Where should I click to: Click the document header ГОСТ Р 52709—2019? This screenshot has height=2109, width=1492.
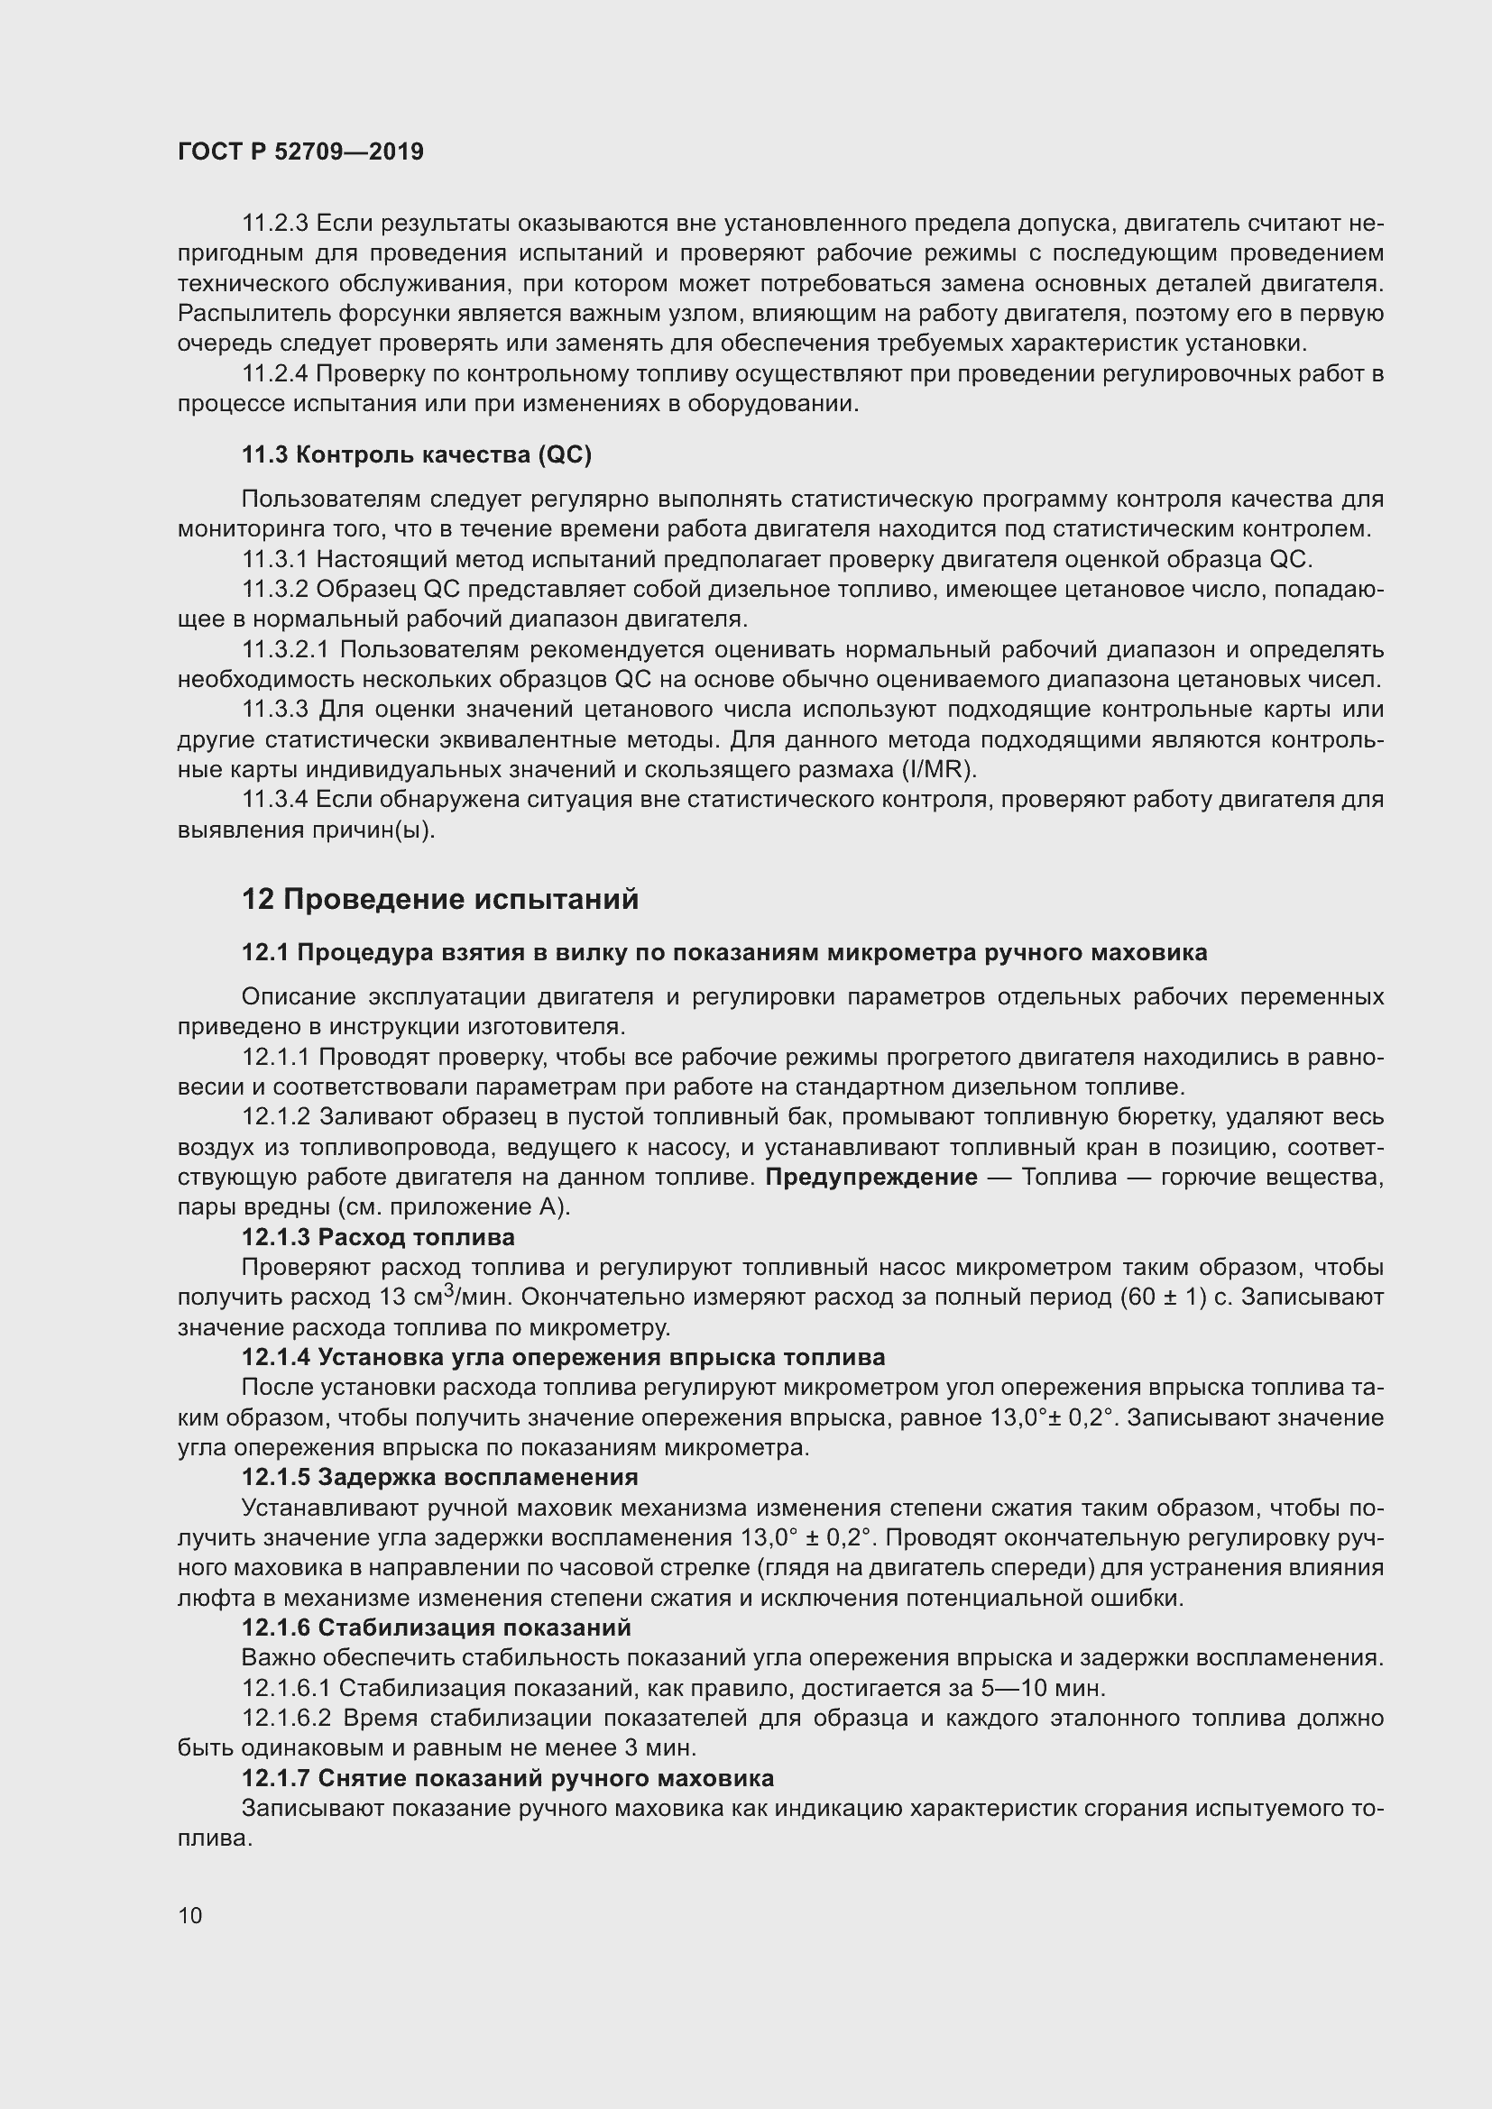[x=300, y=152]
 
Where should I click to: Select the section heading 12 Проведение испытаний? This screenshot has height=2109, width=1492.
[x=440, y=899]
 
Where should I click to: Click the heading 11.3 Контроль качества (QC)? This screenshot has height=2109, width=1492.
[x=416, y=454]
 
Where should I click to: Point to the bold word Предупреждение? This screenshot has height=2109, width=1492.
[x=871, y=1178]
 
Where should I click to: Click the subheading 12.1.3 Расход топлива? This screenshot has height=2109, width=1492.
[x=378, y=1236]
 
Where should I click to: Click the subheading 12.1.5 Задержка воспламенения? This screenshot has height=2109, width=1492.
[x=439, y=1477]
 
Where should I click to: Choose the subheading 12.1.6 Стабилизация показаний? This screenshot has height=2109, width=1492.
[x=437, y=1628]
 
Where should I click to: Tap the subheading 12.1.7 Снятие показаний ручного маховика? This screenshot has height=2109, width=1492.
[x=507, y=1778]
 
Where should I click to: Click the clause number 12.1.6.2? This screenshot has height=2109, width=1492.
[x=287, y=1718]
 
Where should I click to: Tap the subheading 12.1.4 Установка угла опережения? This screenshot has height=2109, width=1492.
[x=563, y=1357]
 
